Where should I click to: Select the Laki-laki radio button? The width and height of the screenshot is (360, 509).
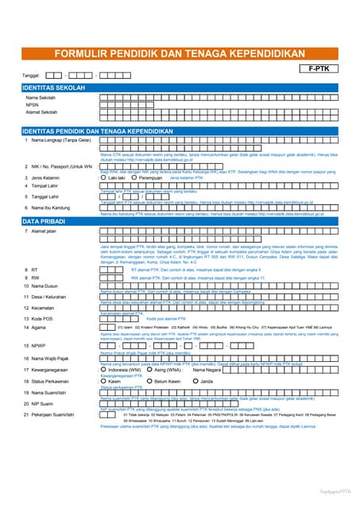tap(103, 178)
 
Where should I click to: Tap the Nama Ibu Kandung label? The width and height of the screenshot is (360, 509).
tap(54, 207)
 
